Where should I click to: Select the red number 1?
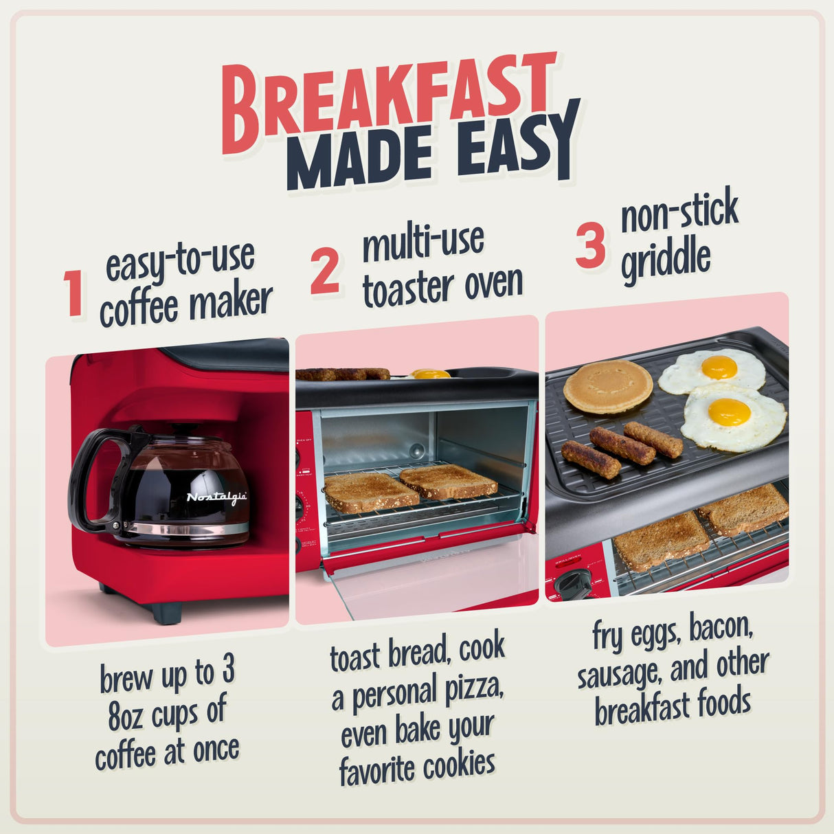tap(74, 294)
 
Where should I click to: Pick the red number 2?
tap(324, 271)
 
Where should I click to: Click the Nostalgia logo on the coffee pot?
tap(216, 497)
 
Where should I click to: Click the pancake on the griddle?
tap(608, 386)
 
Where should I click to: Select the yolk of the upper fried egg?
tap(719, 367)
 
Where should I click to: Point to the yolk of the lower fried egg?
tap(729, 412)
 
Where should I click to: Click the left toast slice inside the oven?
tap(371, 492)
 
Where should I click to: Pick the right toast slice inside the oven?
tap(449, 481)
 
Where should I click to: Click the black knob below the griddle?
tap(574, 585)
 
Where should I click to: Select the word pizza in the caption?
tap(475, 690)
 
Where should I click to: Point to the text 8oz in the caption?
tap(126, 717)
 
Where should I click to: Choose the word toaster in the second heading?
tap(409, 289)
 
